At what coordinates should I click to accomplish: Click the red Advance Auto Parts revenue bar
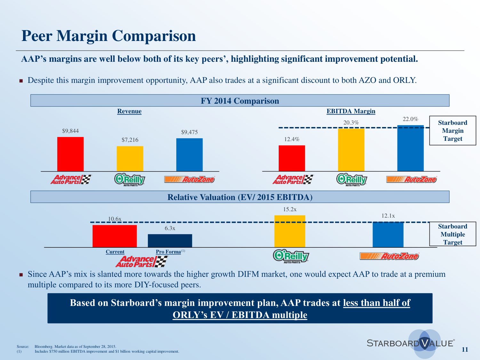click(70, 154)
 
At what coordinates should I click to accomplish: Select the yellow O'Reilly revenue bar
click(130, 158)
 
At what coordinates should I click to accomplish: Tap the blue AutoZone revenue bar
click(189, 155)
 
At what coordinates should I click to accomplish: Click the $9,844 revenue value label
click(70, 131)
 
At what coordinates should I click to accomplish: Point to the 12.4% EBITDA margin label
click(292, 139)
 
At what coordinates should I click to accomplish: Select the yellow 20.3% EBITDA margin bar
click(351, 150)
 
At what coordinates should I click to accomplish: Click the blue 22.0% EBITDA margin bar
click(410, 148)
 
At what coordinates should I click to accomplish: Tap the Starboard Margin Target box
click(452, 131)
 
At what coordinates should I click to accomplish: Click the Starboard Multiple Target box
click(452, 234)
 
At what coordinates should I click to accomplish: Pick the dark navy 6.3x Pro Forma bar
click(170, 241)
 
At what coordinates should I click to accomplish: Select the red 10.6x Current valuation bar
click(115, 236)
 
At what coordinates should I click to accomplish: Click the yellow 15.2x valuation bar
click(290, 231)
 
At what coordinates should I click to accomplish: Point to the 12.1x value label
click(388, 216)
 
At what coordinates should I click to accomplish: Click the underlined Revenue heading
click(129, 111)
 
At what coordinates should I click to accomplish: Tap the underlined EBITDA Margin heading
click(351, 111)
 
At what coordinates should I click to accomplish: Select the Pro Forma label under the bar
click(168, 252)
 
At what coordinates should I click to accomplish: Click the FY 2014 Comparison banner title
click(240, 101)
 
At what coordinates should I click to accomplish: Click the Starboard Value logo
click(411, 343)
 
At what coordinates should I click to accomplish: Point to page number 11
click(465, 349)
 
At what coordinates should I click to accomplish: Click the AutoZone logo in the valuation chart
click(389, 256)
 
